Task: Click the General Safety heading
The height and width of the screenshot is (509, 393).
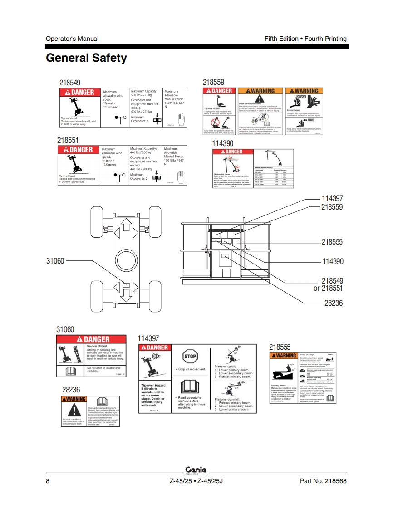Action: [x=86, y=58]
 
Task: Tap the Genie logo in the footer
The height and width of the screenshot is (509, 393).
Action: [x=196, y=470]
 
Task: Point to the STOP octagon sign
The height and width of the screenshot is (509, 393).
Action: [x=190, y=356]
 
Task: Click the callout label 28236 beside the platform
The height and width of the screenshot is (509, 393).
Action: [x=334, y=303]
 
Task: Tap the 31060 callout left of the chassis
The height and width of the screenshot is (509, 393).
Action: [x=55, y=261]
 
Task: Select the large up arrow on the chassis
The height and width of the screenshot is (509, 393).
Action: [x=126, y=224]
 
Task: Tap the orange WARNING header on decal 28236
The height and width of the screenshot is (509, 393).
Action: [x=74, y=399]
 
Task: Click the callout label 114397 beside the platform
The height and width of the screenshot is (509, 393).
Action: [x=332, y=198]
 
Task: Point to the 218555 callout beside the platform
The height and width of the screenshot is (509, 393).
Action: [x=332, y=242]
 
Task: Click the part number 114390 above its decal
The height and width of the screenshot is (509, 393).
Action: [x=222, y=143]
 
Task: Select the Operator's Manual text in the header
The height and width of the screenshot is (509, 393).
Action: [x=72, y=39]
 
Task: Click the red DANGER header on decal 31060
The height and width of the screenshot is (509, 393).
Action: [x=91, y=339]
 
